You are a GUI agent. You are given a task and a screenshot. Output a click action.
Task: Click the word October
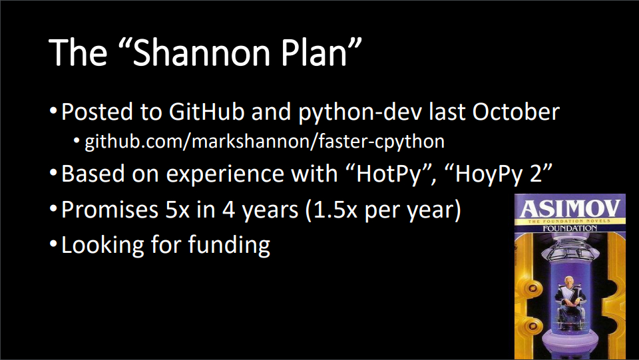pyautogui.click(x=516, y=111)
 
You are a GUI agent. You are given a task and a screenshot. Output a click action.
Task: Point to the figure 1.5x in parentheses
pyautogui.click(x=335, y=210)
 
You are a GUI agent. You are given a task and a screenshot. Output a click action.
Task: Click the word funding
pyautogui.click(x=229, y=246)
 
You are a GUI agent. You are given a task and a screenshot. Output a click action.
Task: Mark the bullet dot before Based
pyautogui.click(x=53, y=172)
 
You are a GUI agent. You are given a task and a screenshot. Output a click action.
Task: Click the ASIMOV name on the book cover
pyautogui.click(x=570, y=208)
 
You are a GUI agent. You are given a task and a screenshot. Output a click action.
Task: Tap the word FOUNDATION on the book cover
pyautogui.click(x=570, y=228)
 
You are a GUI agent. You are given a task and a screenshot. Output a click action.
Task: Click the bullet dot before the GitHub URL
pyautogui.click(x=77, y=140)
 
